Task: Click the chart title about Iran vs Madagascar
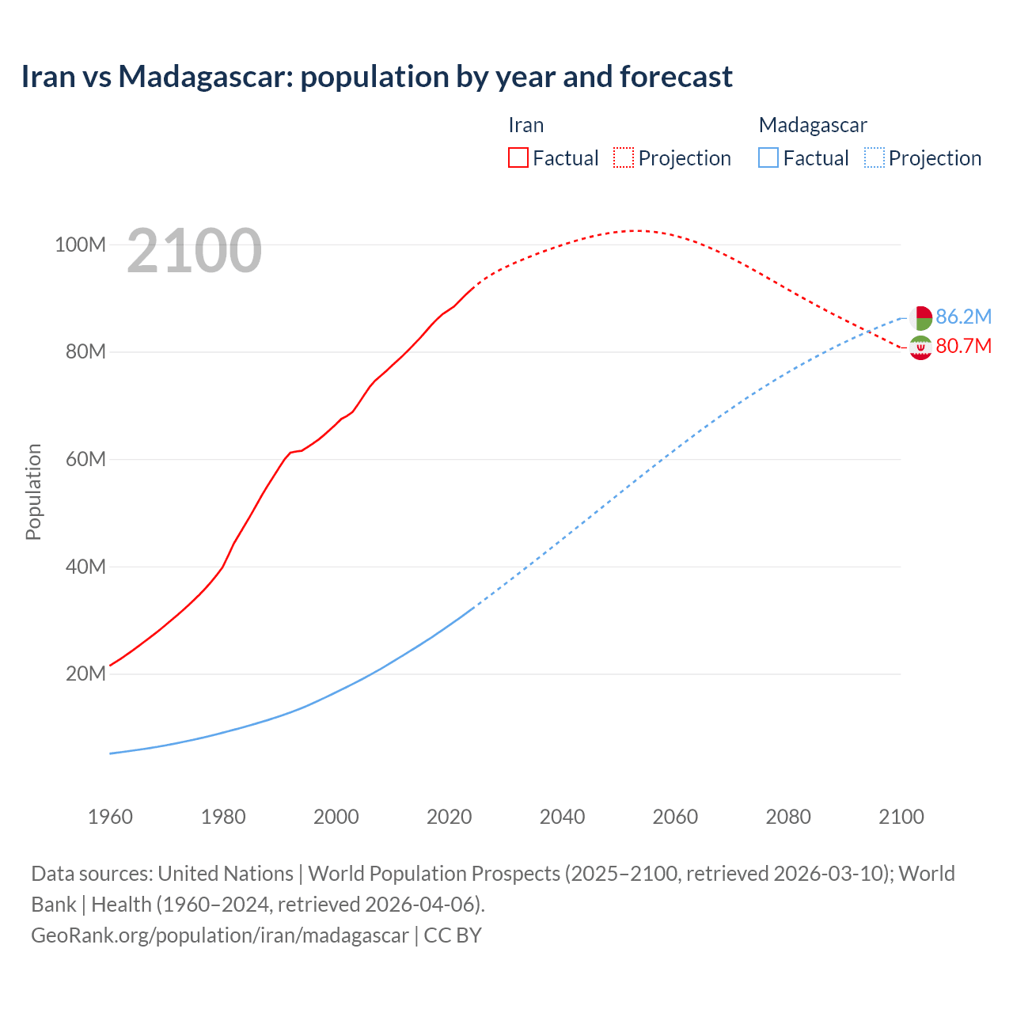click(377, 77)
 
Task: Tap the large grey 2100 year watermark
click(194, 251)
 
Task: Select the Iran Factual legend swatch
click(518, 157)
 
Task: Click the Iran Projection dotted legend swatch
click(624, 157)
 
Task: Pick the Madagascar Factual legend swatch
click(768, 157)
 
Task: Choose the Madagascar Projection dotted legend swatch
click(874, 157)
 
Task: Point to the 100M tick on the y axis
click(80, 245)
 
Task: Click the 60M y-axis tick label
click(85, 459)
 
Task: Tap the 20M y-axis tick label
click(85, 673)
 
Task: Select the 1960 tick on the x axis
click(110, 817)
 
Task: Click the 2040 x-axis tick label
click(562, 817)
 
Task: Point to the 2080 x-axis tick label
click(788, 817)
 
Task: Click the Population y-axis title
click(33, 491)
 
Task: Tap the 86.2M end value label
click(963, 317)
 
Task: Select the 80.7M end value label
click(963, 346)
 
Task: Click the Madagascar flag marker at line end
click(920, 317)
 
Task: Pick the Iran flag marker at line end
click(920, 347)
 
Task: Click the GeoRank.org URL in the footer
click(220, 935)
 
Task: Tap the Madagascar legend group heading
click(813, 125)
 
